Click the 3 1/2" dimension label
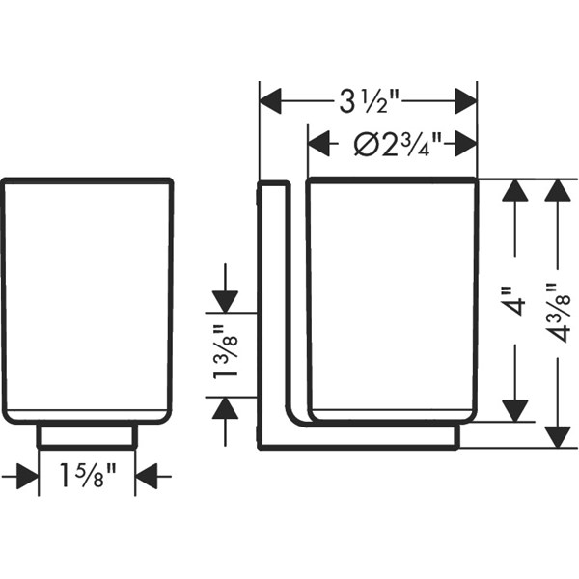coord(370,101)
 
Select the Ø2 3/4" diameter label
coord(398,144)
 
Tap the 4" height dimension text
coord(515,300)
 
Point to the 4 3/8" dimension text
coord(558,313)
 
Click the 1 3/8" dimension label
coord(225,352)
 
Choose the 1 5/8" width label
coord(88,476)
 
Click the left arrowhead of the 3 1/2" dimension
coord(270,101)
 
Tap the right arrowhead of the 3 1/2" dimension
coord(465,101)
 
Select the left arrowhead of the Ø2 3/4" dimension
coord(318,143)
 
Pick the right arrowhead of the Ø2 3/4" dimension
coord(465,143)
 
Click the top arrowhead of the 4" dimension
coord(514,190)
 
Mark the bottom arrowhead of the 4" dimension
coord(514,411)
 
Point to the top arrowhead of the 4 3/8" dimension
coord(558,190)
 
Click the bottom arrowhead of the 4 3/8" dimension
coord(558,437)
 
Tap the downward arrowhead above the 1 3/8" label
coord(225,302)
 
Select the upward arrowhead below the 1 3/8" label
coord(225,408)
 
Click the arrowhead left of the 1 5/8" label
coord(28,477)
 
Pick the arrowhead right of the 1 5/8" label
coord(147,477)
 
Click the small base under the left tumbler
coord(87,436)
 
